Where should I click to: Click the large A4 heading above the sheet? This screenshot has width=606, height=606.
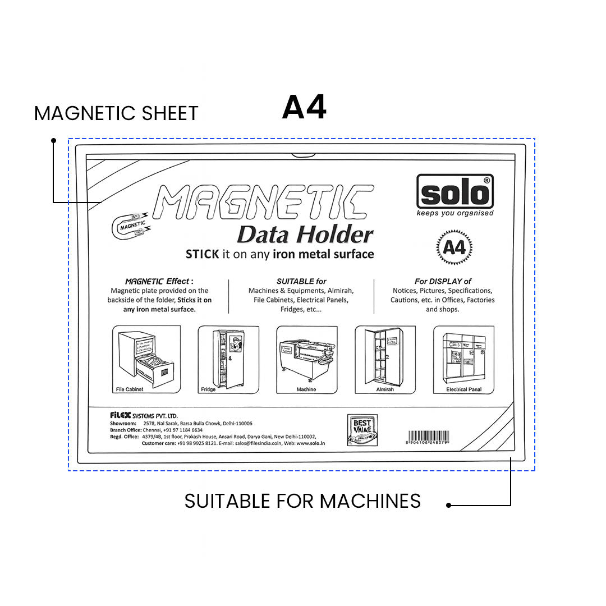coord(304,107)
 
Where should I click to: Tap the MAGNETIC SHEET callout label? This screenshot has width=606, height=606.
coord(116,113)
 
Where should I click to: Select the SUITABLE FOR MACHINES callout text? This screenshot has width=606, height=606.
coord(302,501)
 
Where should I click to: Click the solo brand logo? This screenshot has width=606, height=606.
coord(454,191)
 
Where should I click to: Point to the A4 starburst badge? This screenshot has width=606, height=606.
coord(454,247)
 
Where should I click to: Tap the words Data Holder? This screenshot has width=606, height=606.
coord(305,235)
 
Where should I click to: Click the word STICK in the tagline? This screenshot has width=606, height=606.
coord(202,254)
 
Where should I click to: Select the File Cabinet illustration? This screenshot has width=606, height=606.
coord(146,359)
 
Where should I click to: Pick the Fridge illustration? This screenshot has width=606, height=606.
coord(228,359)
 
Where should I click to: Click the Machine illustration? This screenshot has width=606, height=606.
coord(306,359)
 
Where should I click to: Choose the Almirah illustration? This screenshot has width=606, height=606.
coord(385,359)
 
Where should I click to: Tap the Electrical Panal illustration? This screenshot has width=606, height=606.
coord(463,359)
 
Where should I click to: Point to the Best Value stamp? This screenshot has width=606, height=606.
coord(362,430)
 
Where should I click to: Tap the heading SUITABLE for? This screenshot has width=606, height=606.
coord(301,281)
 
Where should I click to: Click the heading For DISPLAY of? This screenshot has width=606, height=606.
coord(443,281)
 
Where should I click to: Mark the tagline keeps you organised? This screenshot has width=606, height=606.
coord(455,213)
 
